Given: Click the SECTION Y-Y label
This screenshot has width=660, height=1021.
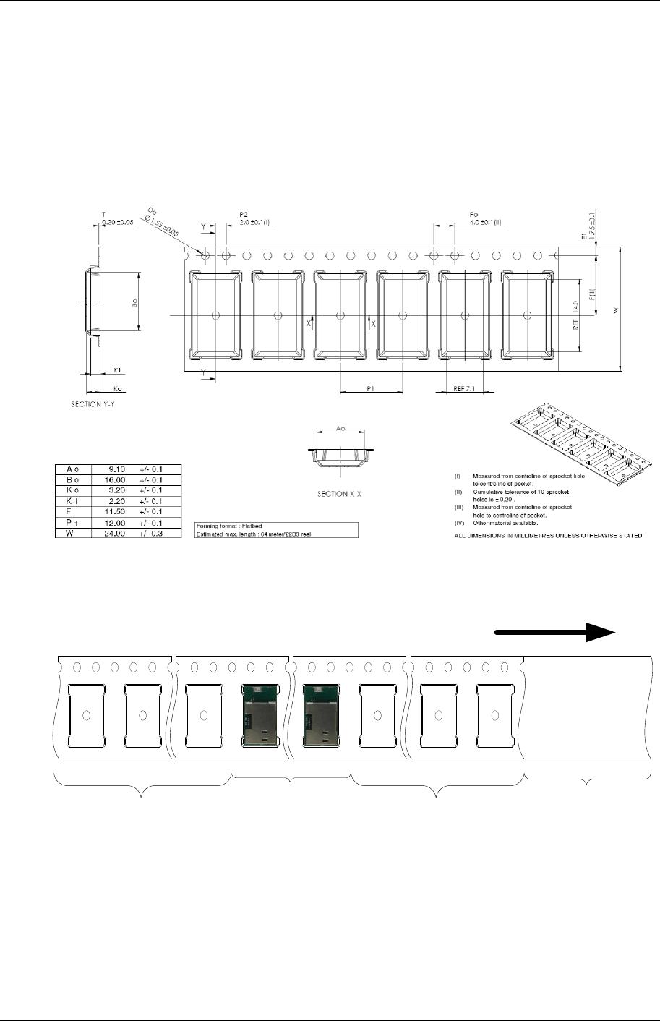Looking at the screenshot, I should [x=92, y=404].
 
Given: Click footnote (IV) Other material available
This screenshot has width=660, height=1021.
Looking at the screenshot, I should [x=505, y=522].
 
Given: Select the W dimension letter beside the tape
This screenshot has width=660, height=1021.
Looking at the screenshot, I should [x=616, y=310].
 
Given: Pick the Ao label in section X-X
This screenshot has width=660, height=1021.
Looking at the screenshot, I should [x=340, y=429].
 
